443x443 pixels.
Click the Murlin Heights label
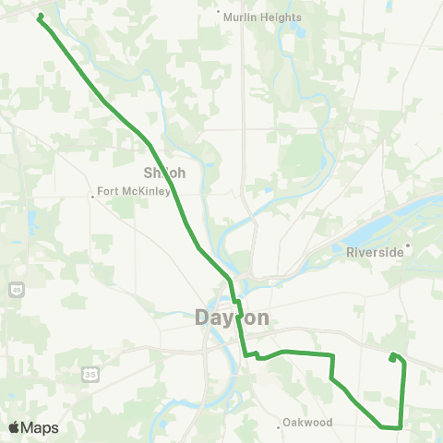pyautogui.click(x=263, y=18)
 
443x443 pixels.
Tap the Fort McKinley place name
pyautogui.click(x=134, y=192)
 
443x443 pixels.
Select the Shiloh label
pyautogui.click(x=165, y=173)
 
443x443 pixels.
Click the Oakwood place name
pyautogui.click(x=309, y=424)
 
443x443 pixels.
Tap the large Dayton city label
pyautogui.click(x=233, y=317)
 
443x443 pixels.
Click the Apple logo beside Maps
pyautogui.click(x=14, y=428)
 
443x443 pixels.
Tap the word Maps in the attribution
pyautogui.click(x=42, y=428)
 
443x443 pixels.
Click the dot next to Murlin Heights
pyautogui.click(x=219, y=13)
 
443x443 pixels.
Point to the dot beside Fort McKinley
pyautogui.click(x=94, y=195)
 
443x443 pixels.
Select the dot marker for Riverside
pyautogui.click(x=407, y=245)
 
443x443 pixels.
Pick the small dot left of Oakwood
pyautogui.click(x=280, y=425)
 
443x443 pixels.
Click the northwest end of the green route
pyautogui.click(x=40, y=16)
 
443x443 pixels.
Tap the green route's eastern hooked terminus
pyautogui.click(x=392, y=357)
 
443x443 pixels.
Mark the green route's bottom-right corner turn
pyautogui.click(x=399, y=426)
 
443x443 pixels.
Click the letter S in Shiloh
pyautogui.click(x=149, y=173)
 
